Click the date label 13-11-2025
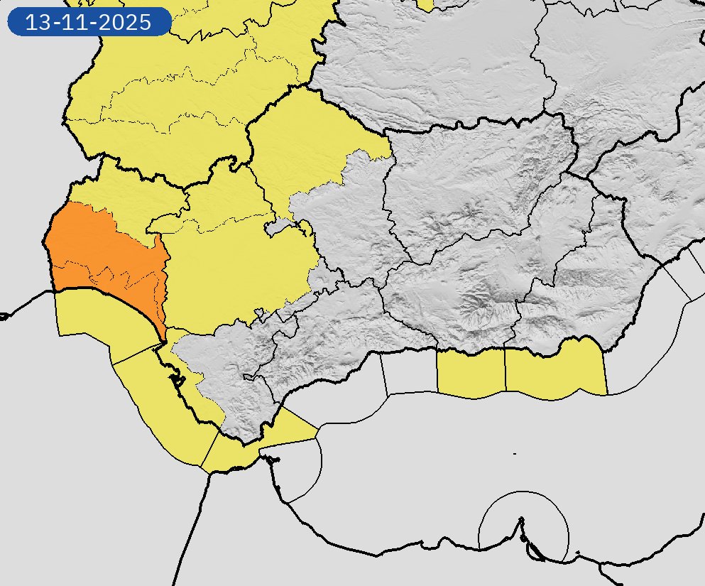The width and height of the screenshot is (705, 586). click(89, 22)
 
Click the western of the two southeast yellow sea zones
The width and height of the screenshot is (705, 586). click(470, 371)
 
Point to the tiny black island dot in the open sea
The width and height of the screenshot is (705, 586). click(514, 453)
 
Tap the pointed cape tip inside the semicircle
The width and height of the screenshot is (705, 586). click(522, 519)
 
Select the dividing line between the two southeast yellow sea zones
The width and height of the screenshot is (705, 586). click(505, 369)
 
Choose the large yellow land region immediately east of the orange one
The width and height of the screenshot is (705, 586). click(234, 277)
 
